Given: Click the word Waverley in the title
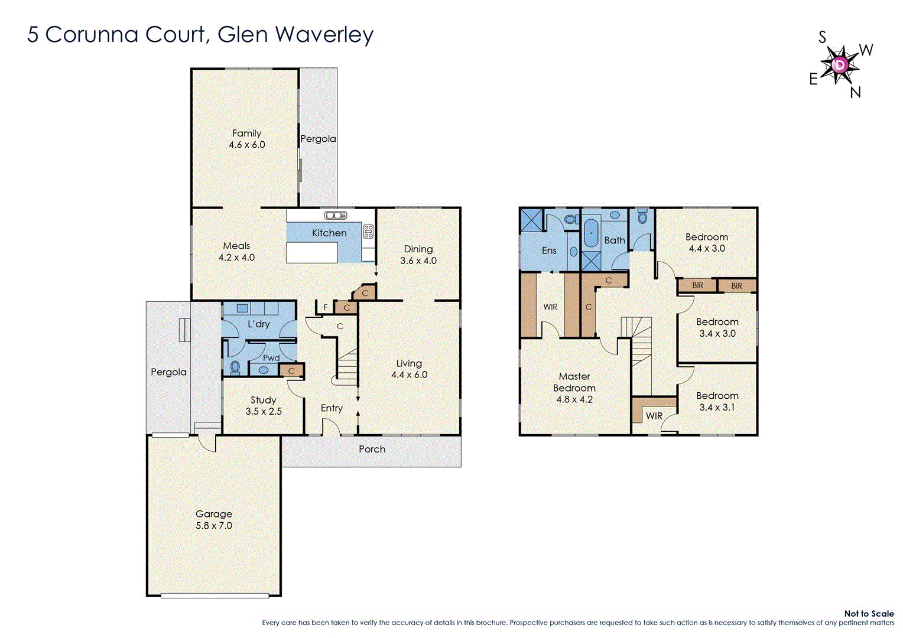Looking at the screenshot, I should click(x=324, y=34).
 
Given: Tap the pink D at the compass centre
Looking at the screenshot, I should click(x=840, y=64).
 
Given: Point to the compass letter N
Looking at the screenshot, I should click(x=855, y=93).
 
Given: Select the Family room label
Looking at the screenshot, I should click(x=246, y=134).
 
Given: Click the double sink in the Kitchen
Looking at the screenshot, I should click(x=335, y=216).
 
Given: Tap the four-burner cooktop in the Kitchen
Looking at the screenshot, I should click(x=368, y=231).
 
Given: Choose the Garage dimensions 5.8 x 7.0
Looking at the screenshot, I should click(x=214, y=525).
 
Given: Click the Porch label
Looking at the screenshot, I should click(x=372, y=450).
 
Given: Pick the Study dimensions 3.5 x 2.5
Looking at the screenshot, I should click(x=264, y=411).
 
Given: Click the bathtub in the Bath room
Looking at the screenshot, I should click(x=590, y=234).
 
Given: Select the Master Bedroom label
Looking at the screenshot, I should click(x=574, y=382).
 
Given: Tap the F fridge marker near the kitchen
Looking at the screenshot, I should click(x=325, y=307).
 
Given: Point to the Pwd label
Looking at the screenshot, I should click(x=271, y=358).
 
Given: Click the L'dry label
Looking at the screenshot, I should click(x=259, y=324).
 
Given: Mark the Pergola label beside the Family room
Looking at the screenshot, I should click(x=318, y=139).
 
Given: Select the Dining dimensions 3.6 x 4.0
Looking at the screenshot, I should click(x=418, y=261).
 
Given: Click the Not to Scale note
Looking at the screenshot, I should click(x=868, y=614).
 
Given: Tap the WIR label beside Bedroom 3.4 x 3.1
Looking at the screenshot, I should click(x=654, y=416).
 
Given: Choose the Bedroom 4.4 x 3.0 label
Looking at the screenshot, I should click(x=706, y=237).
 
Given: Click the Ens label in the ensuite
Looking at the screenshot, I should click(x=549, y=250).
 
